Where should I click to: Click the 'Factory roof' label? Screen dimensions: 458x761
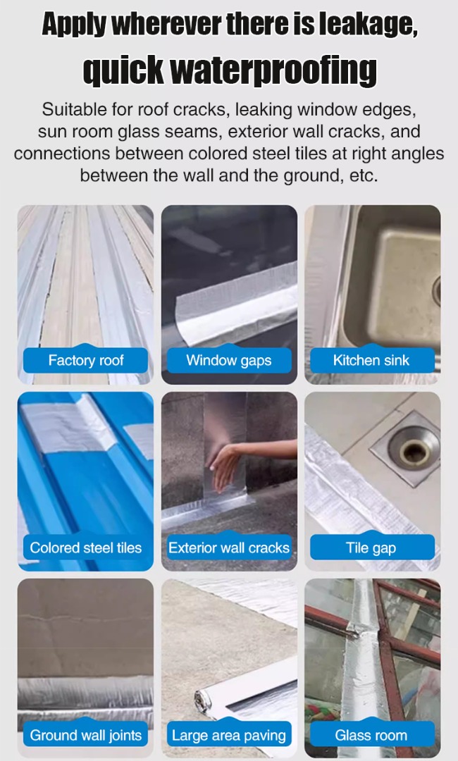coord(85,360)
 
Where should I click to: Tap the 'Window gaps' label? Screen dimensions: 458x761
coord(229,360)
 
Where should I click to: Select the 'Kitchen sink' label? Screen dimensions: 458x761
coord(371,360)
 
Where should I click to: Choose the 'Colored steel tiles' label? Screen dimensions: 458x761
coord(85,547)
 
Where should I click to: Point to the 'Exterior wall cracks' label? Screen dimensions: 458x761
coord(229,547)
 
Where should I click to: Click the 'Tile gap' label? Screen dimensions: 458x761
coord(371,547)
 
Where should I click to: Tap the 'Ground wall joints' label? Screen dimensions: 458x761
coord(85,735)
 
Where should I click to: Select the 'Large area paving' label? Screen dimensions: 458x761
coord(229,735)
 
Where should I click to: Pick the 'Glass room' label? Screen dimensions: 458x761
coord(371,735)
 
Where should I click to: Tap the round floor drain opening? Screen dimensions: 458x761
coord(415,450)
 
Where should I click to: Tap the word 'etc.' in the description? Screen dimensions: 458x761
coord(364,175)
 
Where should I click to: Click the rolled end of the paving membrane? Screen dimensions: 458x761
coord(207,702)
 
